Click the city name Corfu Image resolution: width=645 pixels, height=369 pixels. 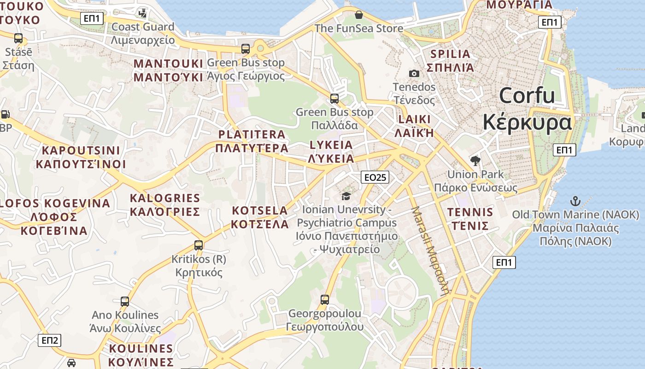click(x=527, y=95)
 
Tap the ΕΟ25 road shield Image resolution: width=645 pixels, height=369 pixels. click(x=375, y=177)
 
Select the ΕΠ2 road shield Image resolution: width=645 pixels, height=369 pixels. click(x=49, y=340)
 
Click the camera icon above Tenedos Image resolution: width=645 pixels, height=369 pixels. click(x=414, y=73)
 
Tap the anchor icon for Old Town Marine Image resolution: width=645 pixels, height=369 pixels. click(x=575, y=201)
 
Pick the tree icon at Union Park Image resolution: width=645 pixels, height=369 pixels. click(x=475, y=161)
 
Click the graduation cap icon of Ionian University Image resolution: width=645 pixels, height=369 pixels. click(x=346, y=196)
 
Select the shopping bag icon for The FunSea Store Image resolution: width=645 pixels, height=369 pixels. click(x=358, y=15)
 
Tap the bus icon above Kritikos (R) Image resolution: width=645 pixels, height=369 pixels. click(x=199, y=245)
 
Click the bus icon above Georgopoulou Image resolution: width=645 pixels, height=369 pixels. click(x=325, y=300)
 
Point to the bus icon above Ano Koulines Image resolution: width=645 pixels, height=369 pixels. click(x=125, y=302)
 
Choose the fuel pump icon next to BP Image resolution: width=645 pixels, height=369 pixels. click(x=5, y=114)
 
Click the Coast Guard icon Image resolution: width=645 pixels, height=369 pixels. click(x=143, y=12)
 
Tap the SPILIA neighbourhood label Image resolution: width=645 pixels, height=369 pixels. click(x=450, y=54)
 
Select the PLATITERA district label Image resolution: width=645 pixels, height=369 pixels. click(x=252, y=134)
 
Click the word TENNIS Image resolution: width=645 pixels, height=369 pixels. click(x=470, y=212)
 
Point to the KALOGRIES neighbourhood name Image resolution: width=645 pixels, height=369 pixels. click(x=165, y=198)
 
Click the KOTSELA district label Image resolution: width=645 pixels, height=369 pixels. click(x=260, y=210)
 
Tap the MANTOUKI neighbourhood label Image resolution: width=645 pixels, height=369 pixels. click(x=168, y=64)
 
